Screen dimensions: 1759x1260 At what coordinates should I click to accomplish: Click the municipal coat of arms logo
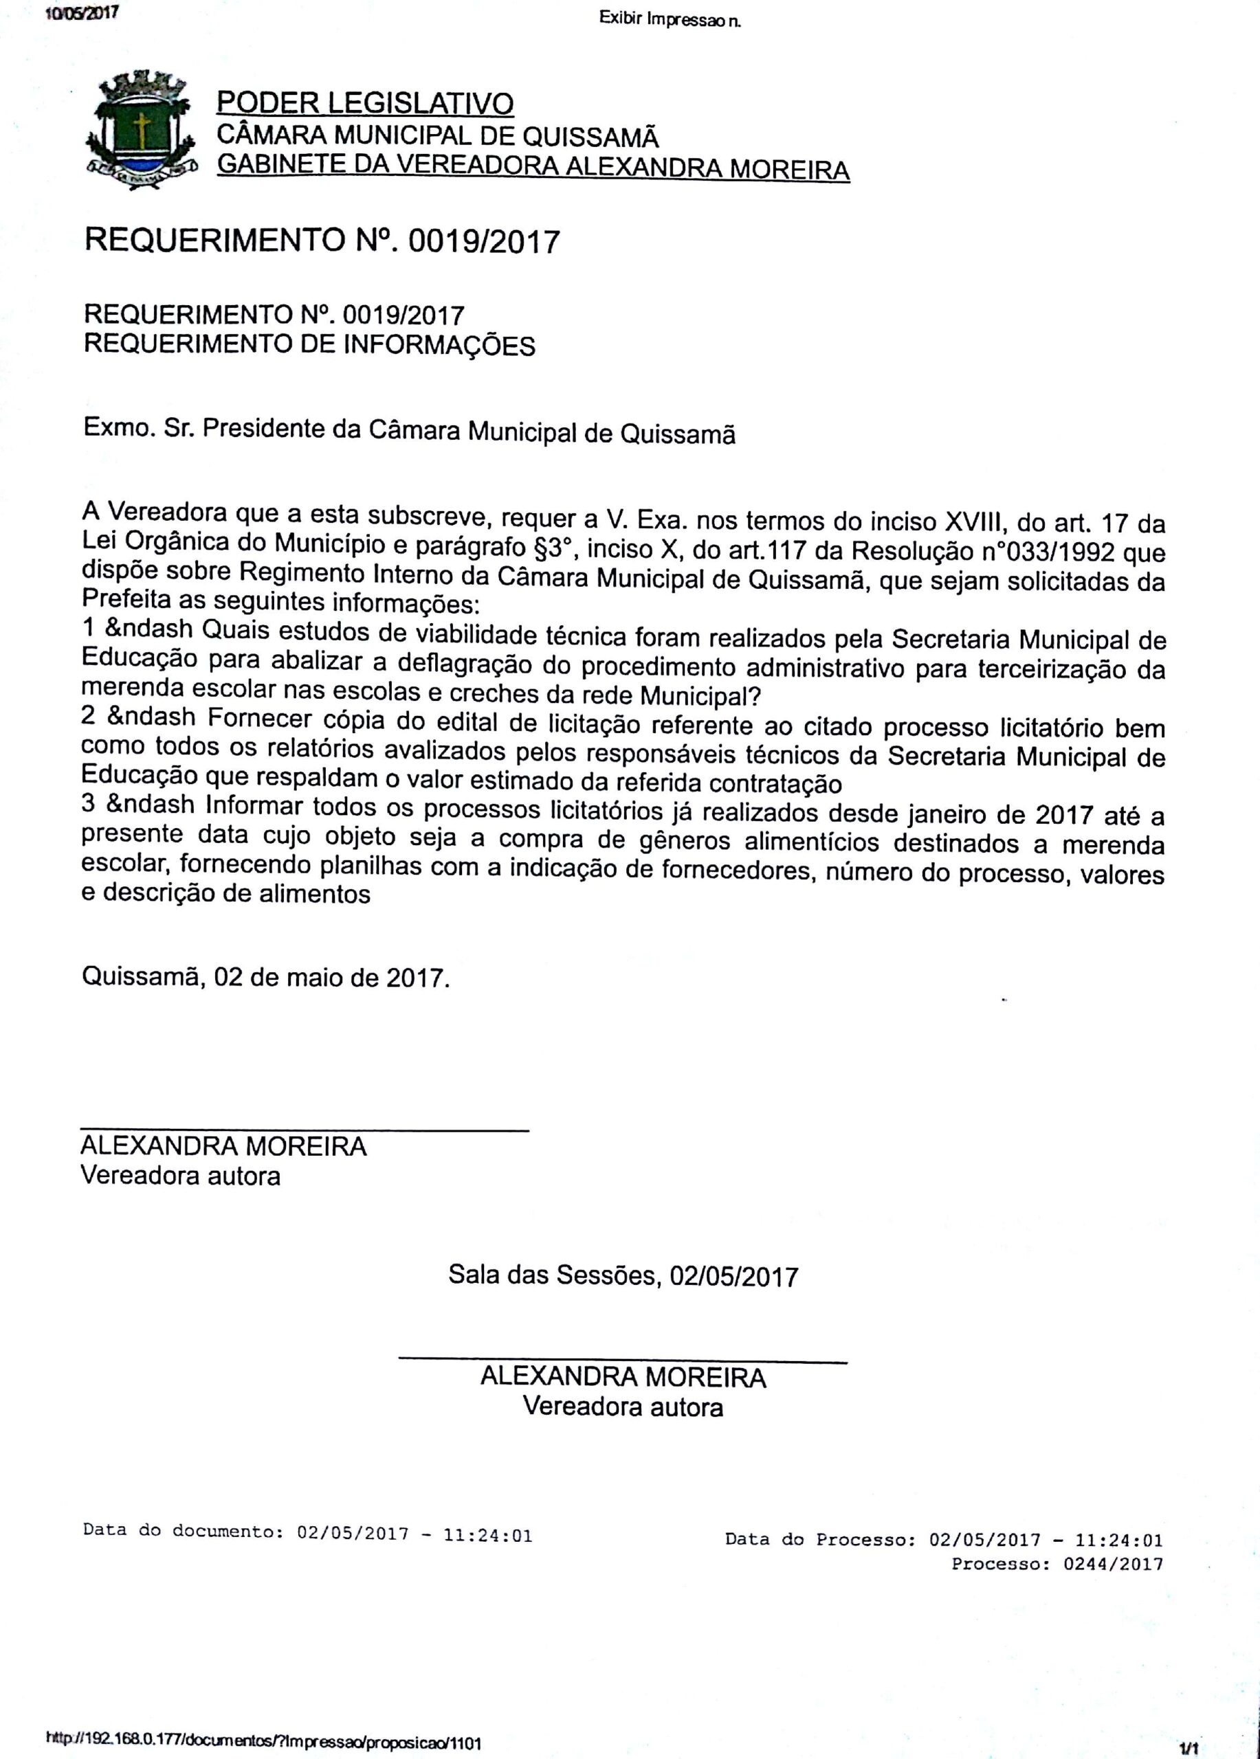[x=140, y=131]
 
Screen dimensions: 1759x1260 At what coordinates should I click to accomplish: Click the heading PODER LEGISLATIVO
[x=364, y=103]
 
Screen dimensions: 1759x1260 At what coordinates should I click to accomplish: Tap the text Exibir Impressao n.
[x=670, y=19]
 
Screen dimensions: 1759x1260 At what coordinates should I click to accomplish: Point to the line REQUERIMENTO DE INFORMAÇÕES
[x=309, y=344]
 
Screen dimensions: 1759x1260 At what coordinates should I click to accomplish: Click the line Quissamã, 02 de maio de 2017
[x=265, y=976]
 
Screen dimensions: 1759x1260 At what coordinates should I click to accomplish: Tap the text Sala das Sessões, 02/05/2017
[x=623, y=1276]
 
